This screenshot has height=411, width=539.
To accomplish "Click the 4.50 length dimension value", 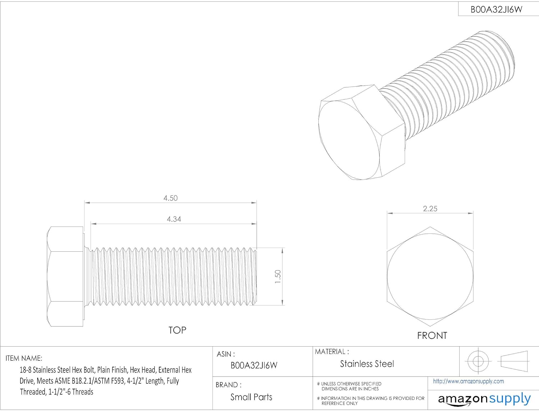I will (170, 198).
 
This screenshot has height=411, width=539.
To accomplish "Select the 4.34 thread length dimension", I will (174, 219).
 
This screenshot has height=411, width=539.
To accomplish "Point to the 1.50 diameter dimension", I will (278, 277).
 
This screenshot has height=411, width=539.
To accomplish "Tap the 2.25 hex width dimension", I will (430, 209).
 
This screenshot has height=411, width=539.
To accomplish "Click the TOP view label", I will (177, 330).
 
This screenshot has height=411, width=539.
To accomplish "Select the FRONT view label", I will (432, 335).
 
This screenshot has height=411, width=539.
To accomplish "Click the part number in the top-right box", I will (496, 10).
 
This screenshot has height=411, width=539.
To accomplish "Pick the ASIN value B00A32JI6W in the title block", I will (254, 365).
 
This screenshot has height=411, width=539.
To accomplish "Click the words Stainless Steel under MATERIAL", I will (367, 364).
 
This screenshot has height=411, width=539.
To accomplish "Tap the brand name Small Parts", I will (251, 397).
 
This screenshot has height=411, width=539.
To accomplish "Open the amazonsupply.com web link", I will (468, 381).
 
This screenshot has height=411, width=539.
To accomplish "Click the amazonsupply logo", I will (484, 399).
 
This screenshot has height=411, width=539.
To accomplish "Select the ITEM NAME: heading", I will (24, 358).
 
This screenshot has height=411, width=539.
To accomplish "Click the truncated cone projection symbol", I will (514, 361).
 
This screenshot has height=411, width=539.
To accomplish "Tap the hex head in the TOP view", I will (65, 277).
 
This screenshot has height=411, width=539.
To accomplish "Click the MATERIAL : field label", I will (332, 352).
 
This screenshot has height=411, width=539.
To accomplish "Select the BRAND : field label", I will (228, 385).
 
